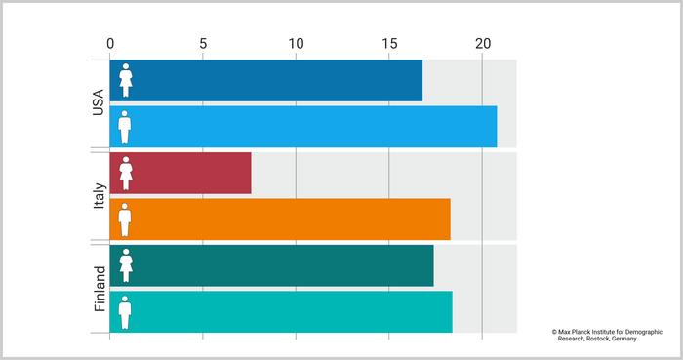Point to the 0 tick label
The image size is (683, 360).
click(x=110, y=43)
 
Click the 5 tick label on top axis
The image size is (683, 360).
click(x=203, y=43)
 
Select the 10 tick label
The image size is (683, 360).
click(x=296, y=43)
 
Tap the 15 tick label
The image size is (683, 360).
click(x=388, y=43)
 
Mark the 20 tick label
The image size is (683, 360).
click(x=482, y=43)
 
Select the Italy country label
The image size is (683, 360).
click(x=99, y=195)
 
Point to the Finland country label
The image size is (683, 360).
click(x=100, y=289)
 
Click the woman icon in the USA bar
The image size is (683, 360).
click(x=125, y=80)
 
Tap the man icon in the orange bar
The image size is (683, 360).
click(x=125, y=220)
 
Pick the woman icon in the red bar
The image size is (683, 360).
click(x=125, y=174)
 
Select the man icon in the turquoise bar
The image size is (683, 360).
click(x=125, y=312)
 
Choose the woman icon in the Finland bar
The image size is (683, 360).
click(x=125, y=265)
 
